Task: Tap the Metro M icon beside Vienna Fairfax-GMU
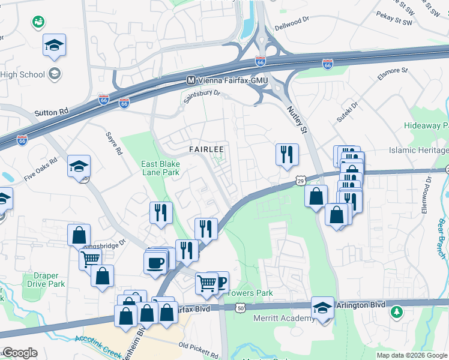coord(191,80)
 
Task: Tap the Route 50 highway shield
coord(240,308)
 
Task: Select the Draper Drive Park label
coord(41,280)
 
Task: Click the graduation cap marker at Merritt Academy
coord(323,308)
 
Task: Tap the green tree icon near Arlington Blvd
coord(396,312)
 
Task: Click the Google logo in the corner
coord(19,353)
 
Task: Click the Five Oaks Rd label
coord(40,170)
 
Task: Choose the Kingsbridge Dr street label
coord(105,244)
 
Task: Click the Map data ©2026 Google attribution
coord(411,355)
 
